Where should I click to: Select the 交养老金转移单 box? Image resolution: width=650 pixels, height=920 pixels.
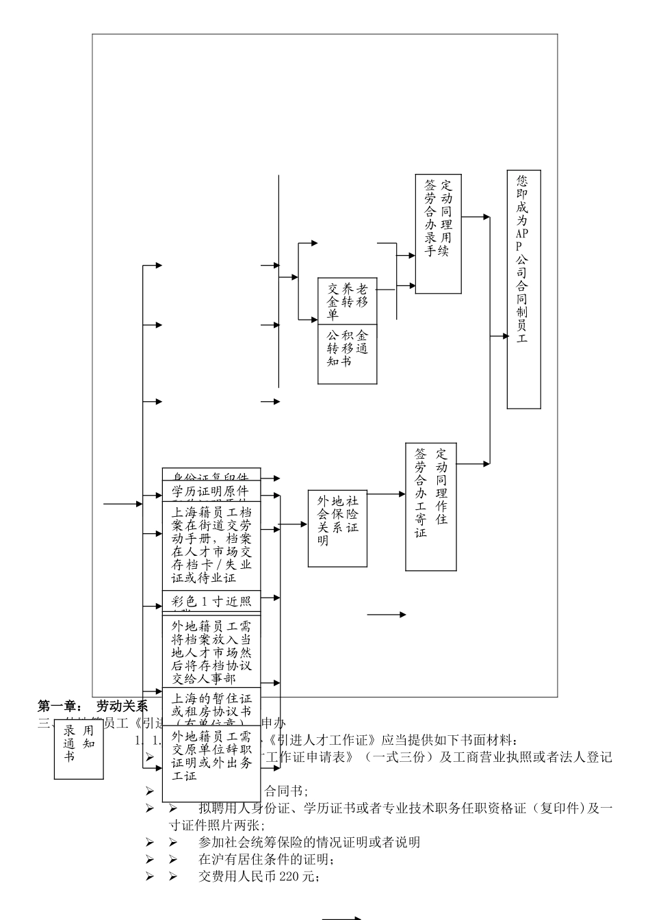pyautogui.click(x=347, y=301)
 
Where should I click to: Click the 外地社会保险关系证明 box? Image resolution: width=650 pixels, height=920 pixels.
pyautogui.click(x=337, y=528)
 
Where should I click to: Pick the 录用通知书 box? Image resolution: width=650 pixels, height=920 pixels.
pyautogui.click(x=79, y=748)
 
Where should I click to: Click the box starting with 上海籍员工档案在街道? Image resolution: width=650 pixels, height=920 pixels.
pyautogui.click(x=211, y=545)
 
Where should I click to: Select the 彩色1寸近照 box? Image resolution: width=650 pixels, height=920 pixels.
pyautogui.click(x=211, y=600)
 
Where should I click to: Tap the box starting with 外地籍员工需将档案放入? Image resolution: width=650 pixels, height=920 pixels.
pyautogui.click(x=211, y=651)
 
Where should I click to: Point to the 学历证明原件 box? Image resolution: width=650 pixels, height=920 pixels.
pyautogui.click(x=211, y=491)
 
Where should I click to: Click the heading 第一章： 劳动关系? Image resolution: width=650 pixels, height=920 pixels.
pyautogui.click(x=92, y=706)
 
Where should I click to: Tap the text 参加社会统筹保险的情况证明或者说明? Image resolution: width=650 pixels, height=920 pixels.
pyautogui.click(x=309, y=842)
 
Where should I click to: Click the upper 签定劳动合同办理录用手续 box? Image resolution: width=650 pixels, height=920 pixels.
pyautogui.click(x=438, y=233)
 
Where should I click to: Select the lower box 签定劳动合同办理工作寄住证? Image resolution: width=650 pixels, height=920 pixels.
pyautogui.click(x=431, y=506)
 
